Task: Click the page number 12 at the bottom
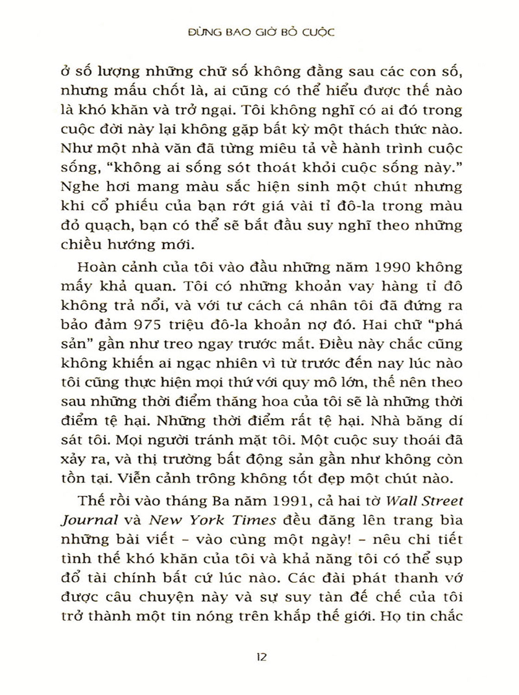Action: tap(261, 657)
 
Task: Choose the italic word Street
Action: tap(438, 500)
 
